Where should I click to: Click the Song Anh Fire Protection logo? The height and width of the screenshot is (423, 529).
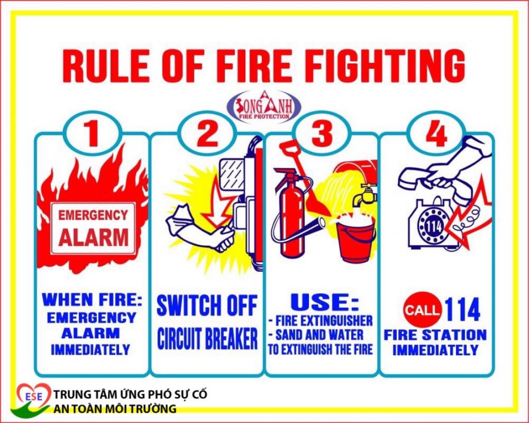tap(264, 106)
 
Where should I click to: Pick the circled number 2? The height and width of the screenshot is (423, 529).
tap(207, 133)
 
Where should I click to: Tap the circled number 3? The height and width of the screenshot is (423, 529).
tap(321, 133)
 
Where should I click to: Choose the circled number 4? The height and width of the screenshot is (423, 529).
tap(436, 133)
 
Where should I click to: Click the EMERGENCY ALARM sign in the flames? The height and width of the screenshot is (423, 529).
tap(93, 229)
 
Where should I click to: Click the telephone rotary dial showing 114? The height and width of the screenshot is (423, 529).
tap(432, 227)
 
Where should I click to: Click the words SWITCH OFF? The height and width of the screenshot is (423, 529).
tap(207, 305)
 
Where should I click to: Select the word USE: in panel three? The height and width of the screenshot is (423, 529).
tap(324, 302)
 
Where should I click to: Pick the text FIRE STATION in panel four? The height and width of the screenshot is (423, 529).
tap(435, 335)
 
